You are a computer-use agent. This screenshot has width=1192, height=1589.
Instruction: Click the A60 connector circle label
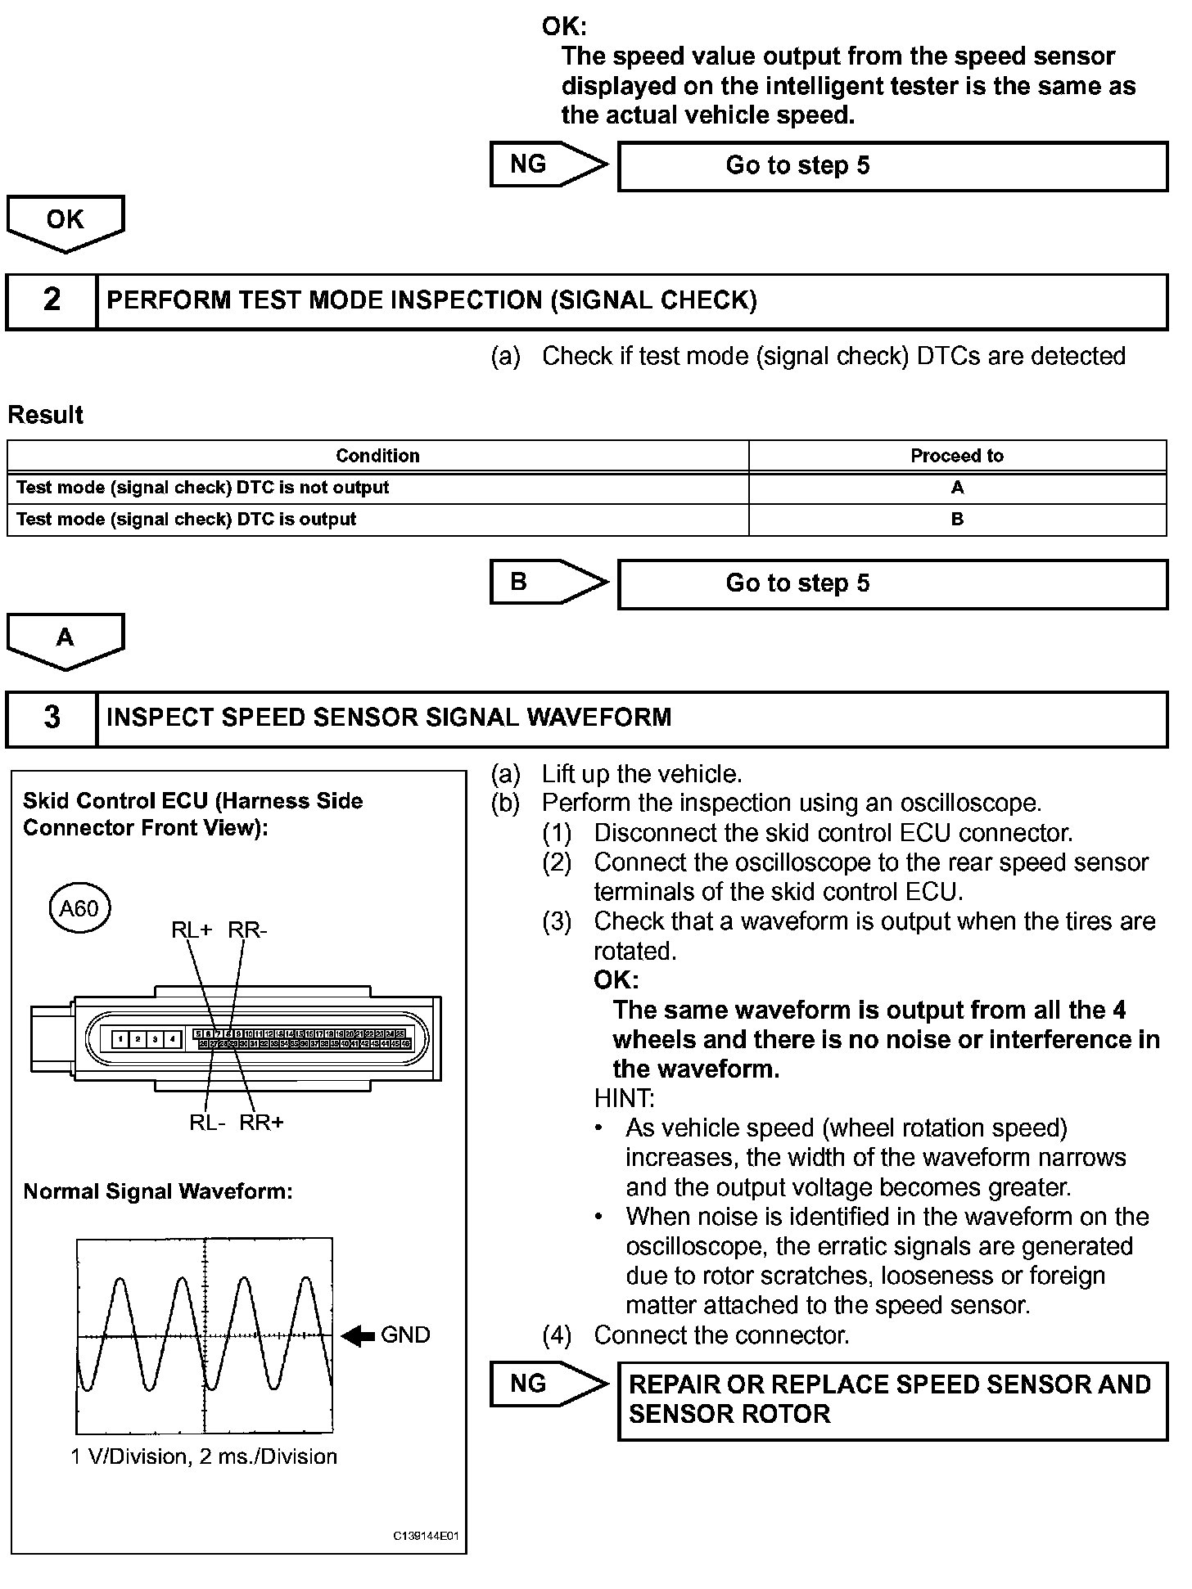click(x=79, y=907)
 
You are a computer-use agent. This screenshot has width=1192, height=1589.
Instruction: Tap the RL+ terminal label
click(x=192, y=930)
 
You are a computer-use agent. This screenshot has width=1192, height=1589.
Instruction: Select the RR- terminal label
click(x=247, y=930)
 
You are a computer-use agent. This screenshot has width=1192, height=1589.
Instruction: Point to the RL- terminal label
click(x=207, y=1122)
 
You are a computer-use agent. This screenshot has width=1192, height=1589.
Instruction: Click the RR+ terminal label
click(x=261, y=1122)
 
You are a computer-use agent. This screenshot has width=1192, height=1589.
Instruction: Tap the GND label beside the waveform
click(x=405, y=1335)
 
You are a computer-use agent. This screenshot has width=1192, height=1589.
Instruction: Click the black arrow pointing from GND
click(x=357, y=1335)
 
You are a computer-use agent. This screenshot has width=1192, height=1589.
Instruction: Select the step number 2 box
click(x=52, y=300)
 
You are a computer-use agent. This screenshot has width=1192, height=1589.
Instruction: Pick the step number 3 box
click(x=52, y=718)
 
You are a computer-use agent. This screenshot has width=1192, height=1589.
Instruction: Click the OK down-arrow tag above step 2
click(x=65, y=221)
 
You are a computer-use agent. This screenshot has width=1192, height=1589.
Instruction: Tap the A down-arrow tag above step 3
click(x=65, y=639)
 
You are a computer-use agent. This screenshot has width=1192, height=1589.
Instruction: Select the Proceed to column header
click(x=956, y=456)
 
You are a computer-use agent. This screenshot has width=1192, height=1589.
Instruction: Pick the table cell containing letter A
click(x=956, y=488)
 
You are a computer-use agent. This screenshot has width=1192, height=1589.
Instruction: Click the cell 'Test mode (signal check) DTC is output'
click(x=187, y=520)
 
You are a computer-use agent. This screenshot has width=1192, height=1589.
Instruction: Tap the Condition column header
click(x=377, y=456)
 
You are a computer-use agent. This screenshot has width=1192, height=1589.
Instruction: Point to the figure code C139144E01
click(x=426, y=1536)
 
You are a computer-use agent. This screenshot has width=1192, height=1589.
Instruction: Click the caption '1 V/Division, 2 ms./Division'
click(x=204, y=1457)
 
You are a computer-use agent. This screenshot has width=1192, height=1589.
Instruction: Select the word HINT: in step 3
click(x=624, y=1098)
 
